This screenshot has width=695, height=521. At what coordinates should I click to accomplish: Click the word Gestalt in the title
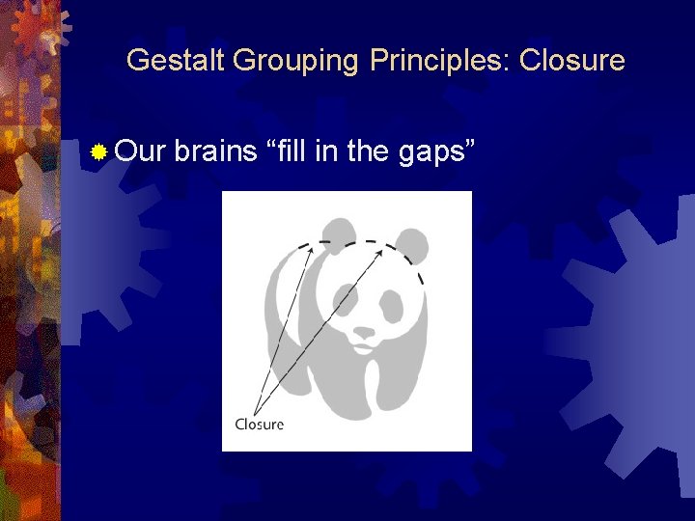pos(175,61)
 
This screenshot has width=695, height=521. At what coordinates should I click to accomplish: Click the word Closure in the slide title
pos(571,61)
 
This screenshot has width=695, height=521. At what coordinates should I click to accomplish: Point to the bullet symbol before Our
pos(97,151)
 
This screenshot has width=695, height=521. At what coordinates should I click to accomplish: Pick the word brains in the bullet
pos(216,151)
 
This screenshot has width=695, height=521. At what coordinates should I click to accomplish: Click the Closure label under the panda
pos(260,424)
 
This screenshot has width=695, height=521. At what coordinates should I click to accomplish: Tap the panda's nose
pos(364,331)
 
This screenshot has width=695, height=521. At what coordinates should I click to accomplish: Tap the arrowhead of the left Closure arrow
pos(311,249)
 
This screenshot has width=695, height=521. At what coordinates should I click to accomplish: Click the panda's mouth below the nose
pos(364,344)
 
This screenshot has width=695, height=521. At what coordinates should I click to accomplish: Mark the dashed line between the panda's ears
pos(355,240)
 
